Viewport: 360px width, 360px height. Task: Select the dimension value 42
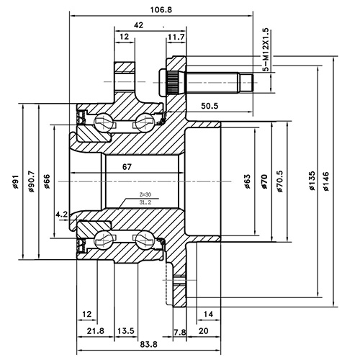139,24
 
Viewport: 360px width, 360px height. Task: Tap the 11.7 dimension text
175,37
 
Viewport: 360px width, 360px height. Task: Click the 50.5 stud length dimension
210,106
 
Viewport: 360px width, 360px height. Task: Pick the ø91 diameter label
15,183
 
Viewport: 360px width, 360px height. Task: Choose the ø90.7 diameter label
30,183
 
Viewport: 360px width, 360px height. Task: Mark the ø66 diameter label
46,182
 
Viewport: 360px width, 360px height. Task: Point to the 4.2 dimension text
61,214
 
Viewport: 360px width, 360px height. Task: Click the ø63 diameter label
247,182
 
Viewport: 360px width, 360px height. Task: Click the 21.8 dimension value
95,330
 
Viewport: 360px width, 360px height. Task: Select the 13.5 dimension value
126,330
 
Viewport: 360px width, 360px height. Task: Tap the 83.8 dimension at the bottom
130,345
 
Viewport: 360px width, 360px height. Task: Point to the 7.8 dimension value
179,330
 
